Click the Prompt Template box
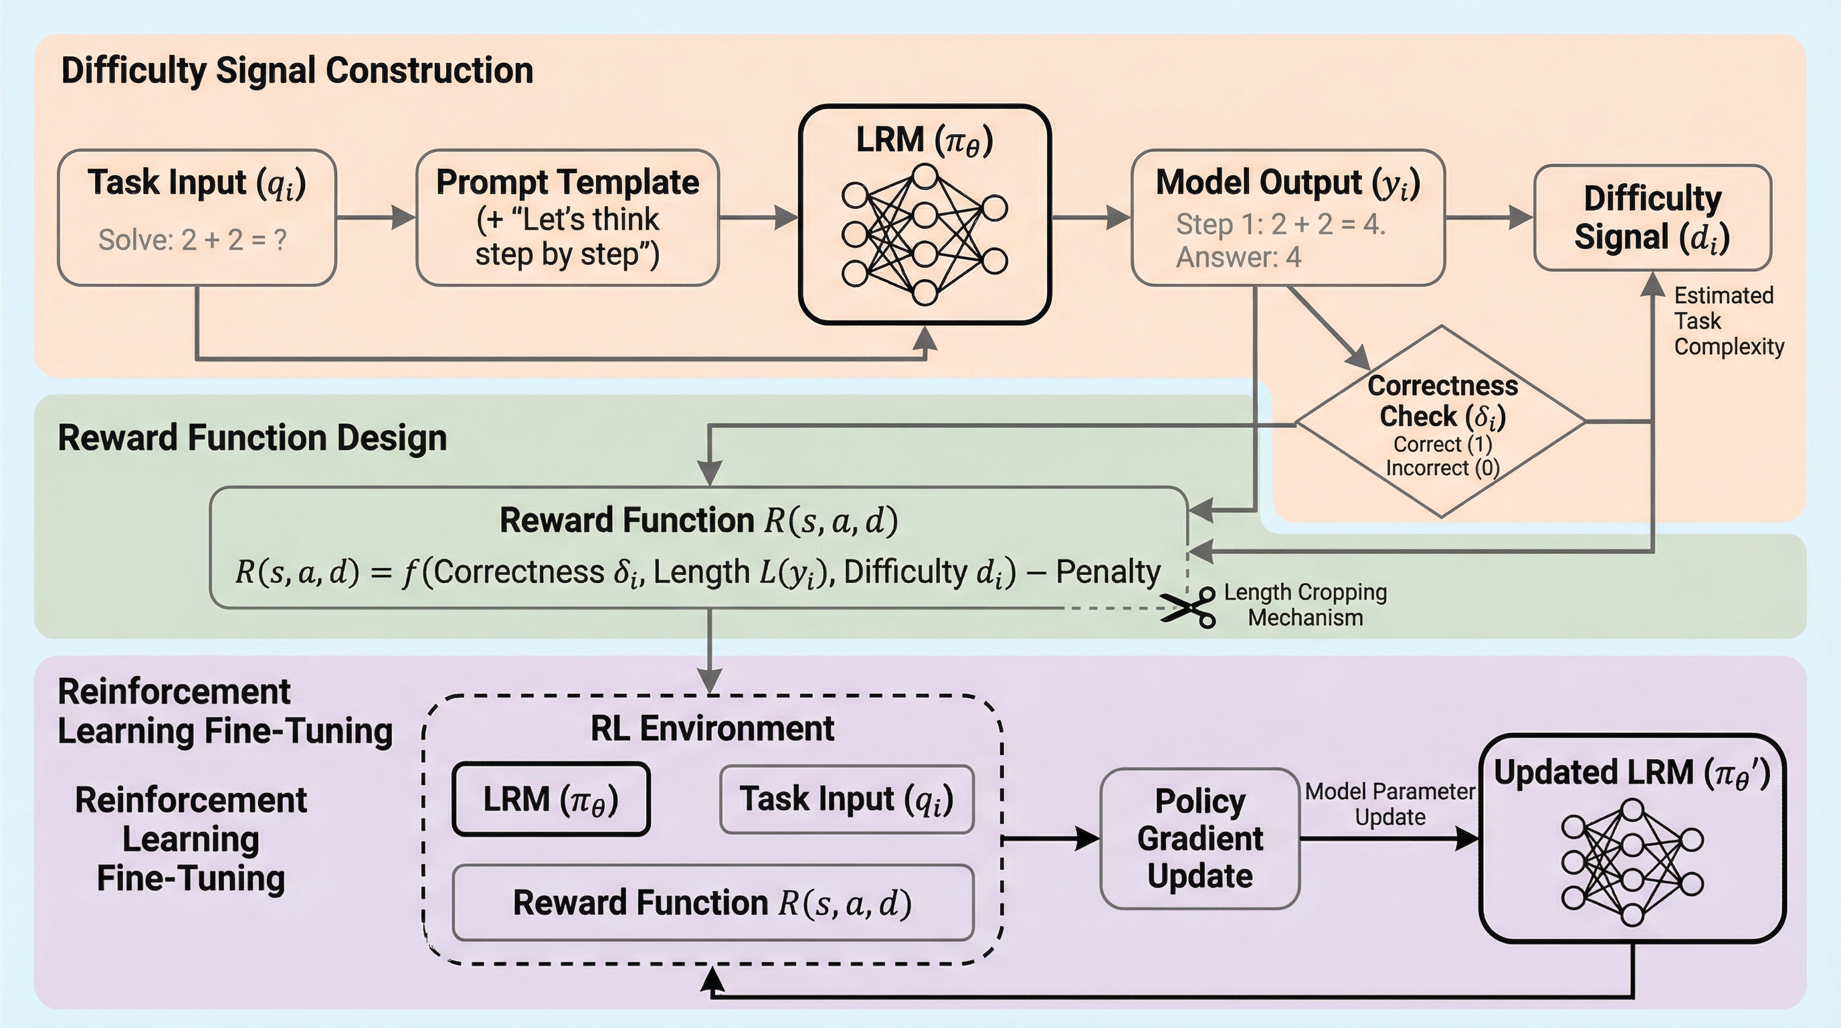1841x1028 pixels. [567, 218]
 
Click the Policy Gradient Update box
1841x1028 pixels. [1199, 838]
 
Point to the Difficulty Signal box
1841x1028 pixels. [1652, 218]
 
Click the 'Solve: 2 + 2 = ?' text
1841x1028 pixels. [192, 240]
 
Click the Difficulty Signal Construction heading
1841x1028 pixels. [296, 71]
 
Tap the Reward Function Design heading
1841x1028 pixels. [252, 438]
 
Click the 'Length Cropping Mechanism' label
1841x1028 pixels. [1305, 605]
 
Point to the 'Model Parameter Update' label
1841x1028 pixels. [1389, 804]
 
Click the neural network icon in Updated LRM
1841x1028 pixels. [1632, 863]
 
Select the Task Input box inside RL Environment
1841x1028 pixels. [846, 799]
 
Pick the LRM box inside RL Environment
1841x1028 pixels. [551, 799]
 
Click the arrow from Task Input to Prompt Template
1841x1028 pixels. [376, 218]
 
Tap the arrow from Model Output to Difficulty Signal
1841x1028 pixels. [1488, 218]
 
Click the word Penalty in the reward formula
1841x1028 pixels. [1108, 572]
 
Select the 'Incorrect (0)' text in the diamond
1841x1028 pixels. [1442, 468]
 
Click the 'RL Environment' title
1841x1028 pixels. [712, 728]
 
